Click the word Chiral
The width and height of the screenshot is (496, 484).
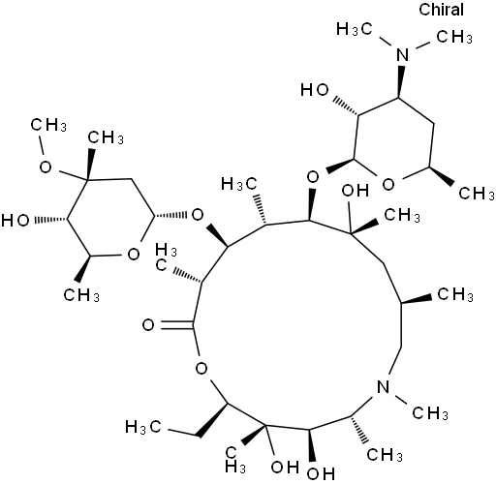441,10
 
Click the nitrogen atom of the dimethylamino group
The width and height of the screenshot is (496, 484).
402,54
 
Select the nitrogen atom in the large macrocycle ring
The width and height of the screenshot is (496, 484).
384,386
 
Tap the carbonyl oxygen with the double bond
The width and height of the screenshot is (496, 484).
148,325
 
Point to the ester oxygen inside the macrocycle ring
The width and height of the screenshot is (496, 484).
201,368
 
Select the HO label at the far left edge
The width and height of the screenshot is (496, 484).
15,221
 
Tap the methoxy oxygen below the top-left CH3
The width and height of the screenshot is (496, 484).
46,167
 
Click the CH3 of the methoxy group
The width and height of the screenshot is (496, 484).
48,125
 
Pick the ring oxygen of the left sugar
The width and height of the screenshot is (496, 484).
133,255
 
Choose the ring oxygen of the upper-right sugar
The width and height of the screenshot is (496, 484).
388,185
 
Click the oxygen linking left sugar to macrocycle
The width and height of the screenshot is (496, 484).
198,214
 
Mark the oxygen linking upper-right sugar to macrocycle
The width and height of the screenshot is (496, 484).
313,177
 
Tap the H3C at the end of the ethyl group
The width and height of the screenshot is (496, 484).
142,427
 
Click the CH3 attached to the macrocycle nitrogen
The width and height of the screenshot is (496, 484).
430,412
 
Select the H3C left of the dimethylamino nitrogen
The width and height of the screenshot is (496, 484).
355,29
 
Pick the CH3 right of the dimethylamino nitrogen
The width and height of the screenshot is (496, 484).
454,37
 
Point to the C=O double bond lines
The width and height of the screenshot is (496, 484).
176,325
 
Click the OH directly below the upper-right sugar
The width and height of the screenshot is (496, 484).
356,191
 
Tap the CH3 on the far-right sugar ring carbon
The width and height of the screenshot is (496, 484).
477,194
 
